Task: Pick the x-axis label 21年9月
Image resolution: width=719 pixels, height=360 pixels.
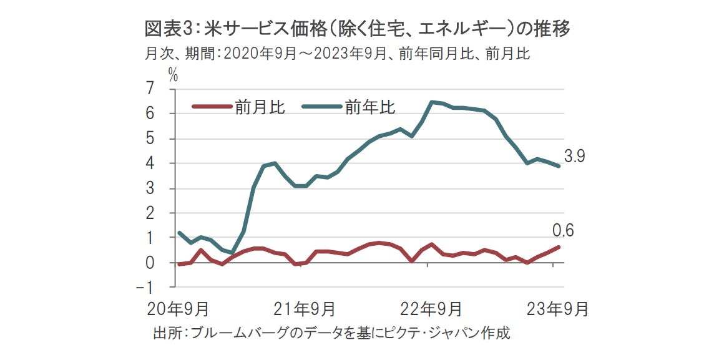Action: [305, 308]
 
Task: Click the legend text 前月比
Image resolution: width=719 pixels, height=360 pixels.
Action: [260, 107]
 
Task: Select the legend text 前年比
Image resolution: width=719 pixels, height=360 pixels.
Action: [369, 107]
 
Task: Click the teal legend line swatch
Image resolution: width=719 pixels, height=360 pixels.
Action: [321, 107]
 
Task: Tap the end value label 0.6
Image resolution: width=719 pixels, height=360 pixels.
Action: [564, 231]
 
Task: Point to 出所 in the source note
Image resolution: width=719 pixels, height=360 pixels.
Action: [166, 333]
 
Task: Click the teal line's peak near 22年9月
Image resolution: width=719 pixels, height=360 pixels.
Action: [432, 102]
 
